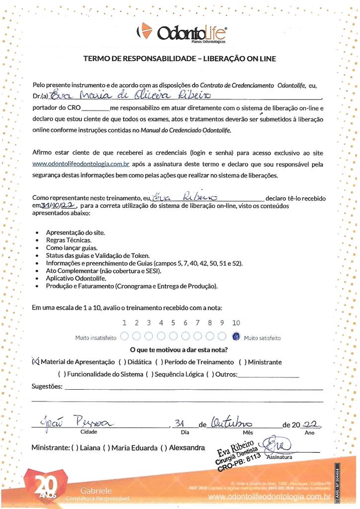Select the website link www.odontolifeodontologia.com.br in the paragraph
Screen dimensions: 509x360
tap(81, 164)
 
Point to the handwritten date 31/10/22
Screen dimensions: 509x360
tap(55, 204)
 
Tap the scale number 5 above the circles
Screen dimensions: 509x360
tap(173, 323)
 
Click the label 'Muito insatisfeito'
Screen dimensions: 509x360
tap(96, 338)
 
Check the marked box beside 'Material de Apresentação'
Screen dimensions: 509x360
tap(35, 362)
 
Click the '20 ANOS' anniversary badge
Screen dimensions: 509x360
tap(44, 488)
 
